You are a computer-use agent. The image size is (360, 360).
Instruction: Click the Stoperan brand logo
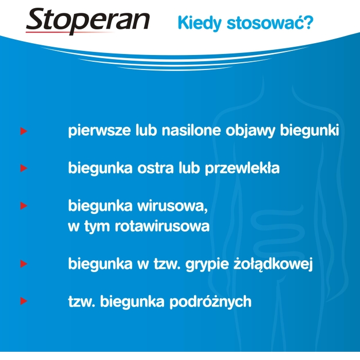pyautogui.click(x=88, y=21)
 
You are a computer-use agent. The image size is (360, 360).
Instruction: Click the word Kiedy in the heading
pyautogui.click(x=200, y=23)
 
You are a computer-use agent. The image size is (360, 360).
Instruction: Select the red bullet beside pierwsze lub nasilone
pyautogui.click(x=24, y=131)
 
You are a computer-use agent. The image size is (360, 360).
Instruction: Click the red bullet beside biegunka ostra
pyautogui.click(x=24, y=168)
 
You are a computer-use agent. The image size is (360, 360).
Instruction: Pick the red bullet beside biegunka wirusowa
pyautogui.click(x=24, y=206)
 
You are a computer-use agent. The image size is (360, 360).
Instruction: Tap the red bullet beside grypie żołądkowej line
pyautogui.click(x=24, y=264)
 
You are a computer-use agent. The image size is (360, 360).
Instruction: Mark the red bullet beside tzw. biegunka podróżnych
pyautogui.click(x=24, y=301)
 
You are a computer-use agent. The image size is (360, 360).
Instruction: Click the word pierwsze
pyautogui.click(x=99, y=131)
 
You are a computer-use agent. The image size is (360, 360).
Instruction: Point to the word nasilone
pyautogui.click(x=191, y=130)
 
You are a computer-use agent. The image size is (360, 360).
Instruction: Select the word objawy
pyautogui.click(x=250, y=131)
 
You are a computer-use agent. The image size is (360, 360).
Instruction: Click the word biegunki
pyautogui.click(x=310, y=131)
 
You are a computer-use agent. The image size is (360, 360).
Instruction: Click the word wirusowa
pyautogui.click(x=172, y=206)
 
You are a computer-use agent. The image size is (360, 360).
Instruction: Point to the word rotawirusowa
pyautogui.click(x=162, y=226)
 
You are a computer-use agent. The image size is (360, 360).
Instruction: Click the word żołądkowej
pyautogui.click(x=273, y=264)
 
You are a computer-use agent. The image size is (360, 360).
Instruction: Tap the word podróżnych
pyautogui.click(x=210, y=301)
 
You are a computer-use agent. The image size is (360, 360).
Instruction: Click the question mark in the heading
pyautogui.click(x=309, y=22)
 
